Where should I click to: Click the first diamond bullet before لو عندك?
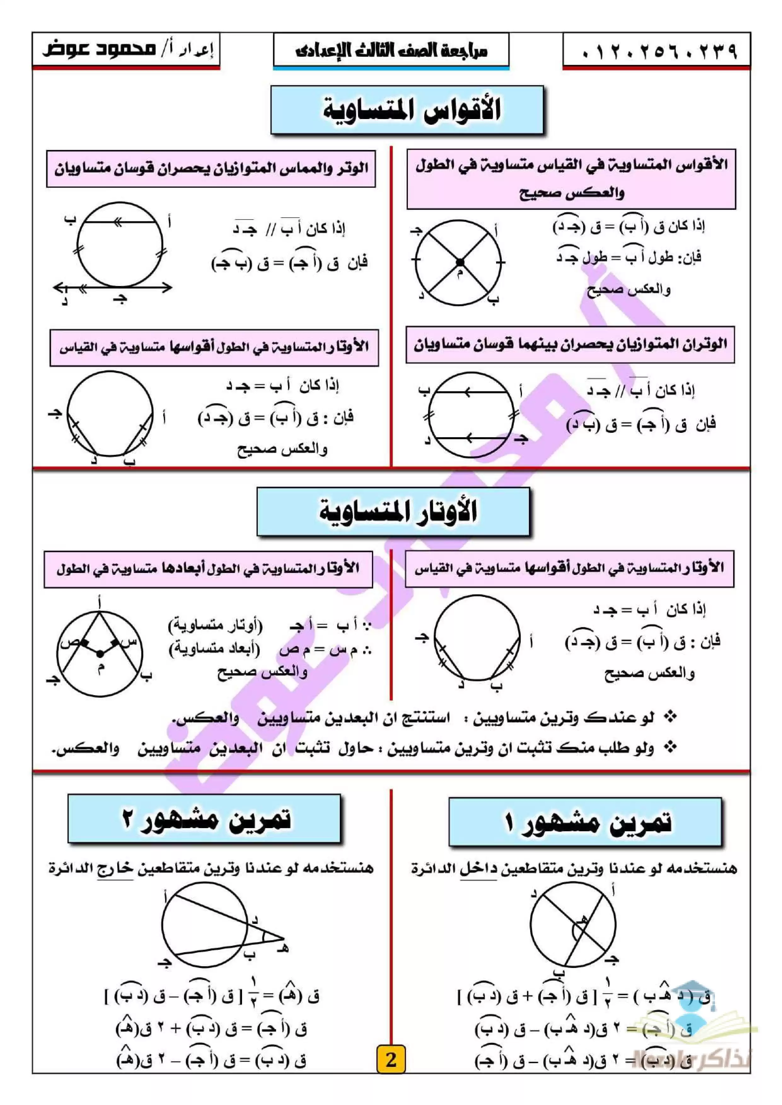670,718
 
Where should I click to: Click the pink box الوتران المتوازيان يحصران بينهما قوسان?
570,345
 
